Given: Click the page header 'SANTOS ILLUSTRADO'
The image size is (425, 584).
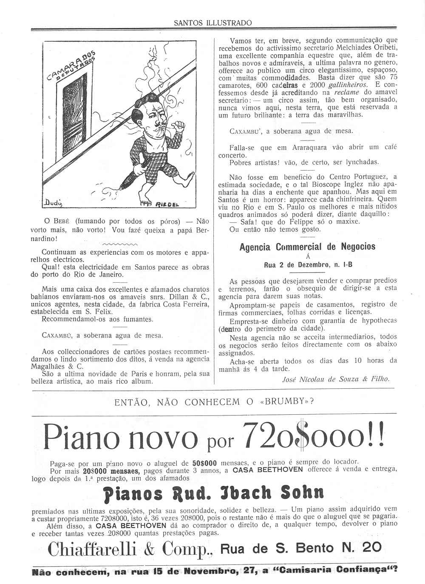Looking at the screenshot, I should [x=212, y=23].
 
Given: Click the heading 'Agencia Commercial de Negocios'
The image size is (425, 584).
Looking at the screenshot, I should [x=307, y=247].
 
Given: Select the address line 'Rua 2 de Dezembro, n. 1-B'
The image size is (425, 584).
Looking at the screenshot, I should [x=308, y=265].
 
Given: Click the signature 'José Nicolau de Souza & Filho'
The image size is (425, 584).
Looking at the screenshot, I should [x=336, y=379].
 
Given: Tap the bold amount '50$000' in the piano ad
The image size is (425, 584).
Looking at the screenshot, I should [x=204, y=463].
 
